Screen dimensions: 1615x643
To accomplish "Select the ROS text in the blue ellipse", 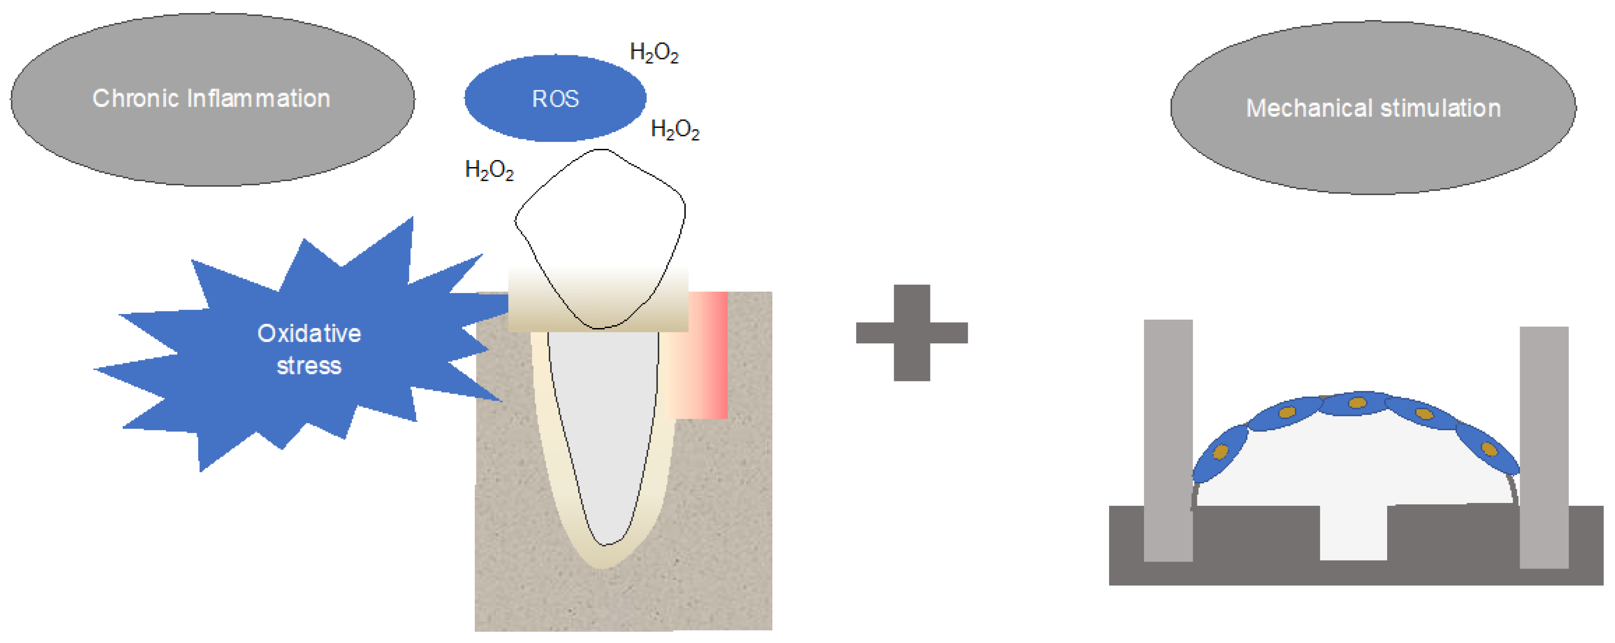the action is pyautogui.click(x=555, y=99).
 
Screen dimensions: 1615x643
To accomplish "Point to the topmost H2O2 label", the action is pyautogui.click(x=654, y=53).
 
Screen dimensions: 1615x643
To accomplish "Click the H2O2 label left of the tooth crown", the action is pyautogui.click(x=489, y=170).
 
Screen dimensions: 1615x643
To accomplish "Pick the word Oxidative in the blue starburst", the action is pyautogui.click(x=309, y=333).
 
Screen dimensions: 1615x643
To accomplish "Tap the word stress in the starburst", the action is pyautogui.click(x=309, y=366).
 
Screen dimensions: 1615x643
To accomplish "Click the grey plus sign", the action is pyautogui.click(x=911, y=333).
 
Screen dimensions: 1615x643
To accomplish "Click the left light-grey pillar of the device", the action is pyautogui.click(x=1168, y=439).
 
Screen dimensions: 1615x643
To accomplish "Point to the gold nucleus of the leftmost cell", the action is pyautogui.click(x=1220, y=452).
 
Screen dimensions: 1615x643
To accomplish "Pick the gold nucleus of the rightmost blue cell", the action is pyautogui.click(x=1489, y=449).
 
